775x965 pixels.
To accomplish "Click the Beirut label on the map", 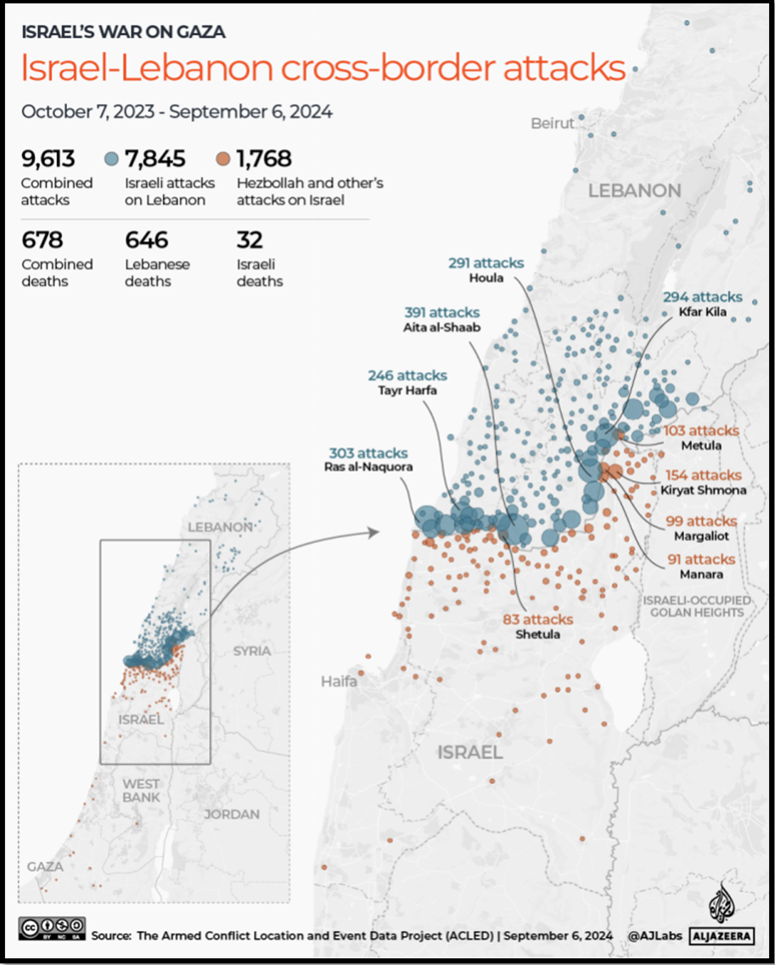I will [552, 124].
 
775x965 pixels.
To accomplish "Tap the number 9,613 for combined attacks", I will [48, 159].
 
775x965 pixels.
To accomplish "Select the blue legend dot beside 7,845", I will [111, 159].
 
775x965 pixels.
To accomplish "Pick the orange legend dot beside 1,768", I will [222, 159].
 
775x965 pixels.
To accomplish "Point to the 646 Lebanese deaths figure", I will [146, 240].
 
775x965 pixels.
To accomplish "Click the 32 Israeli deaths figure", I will [250, 240].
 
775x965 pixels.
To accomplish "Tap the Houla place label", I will [486, 278].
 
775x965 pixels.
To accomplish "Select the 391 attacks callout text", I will [441, 312].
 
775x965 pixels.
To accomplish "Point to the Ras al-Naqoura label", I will [368, 467].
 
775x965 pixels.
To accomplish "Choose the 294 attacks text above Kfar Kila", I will [703, 297].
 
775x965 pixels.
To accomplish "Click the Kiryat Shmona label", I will [704, 490].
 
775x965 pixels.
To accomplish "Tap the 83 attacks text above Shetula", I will [537, 620].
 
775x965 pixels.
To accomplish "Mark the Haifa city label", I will [339, 682].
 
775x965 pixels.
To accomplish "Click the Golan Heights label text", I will [694, 606].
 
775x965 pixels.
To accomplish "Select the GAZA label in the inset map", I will [45, 867].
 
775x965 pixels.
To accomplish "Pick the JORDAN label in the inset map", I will [231, 814].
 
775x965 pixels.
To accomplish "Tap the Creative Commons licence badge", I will [53, 928].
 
